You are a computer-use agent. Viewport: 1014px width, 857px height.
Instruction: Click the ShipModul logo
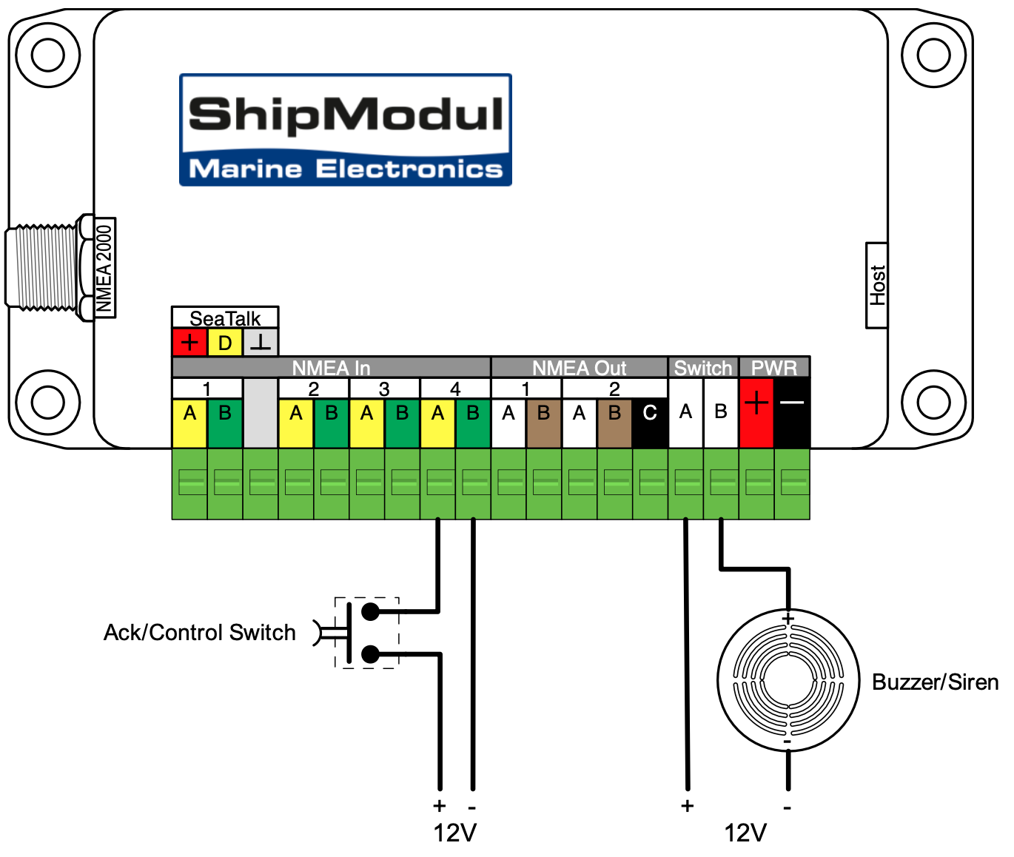346,130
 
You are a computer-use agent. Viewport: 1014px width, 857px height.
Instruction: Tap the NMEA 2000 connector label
104,268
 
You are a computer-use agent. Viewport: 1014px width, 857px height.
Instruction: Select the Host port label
877,285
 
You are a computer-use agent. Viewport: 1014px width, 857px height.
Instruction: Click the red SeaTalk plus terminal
189,343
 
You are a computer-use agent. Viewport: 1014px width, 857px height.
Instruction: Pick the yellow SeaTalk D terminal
225,343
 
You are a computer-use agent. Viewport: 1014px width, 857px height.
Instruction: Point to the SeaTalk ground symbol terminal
261,343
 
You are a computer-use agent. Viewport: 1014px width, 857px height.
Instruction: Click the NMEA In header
331,368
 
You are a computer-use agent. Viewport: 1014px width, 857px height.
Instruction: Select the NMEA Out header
579,368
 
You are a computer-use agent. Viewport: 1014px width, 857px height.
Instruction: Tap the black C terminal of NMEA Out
650,413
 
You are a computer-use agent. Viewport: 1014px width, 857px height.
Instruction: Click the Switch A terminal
685,411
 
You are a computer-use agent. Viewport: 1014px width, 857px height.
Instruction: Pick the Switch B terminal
721,411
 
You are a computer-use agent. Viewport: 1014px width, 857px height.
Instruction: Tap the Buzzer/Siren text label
935,682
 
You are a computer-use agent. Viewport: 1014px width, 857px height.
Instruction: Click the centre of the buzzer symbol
788,681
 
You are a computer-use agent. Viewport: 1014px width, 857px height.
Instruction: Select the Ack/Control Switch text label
199,633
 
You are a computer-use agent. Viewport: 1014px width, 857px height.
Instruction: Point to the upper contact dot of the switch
370,612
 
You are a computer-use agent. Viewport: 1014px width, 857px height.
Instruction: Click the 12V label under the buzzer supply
745,833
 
